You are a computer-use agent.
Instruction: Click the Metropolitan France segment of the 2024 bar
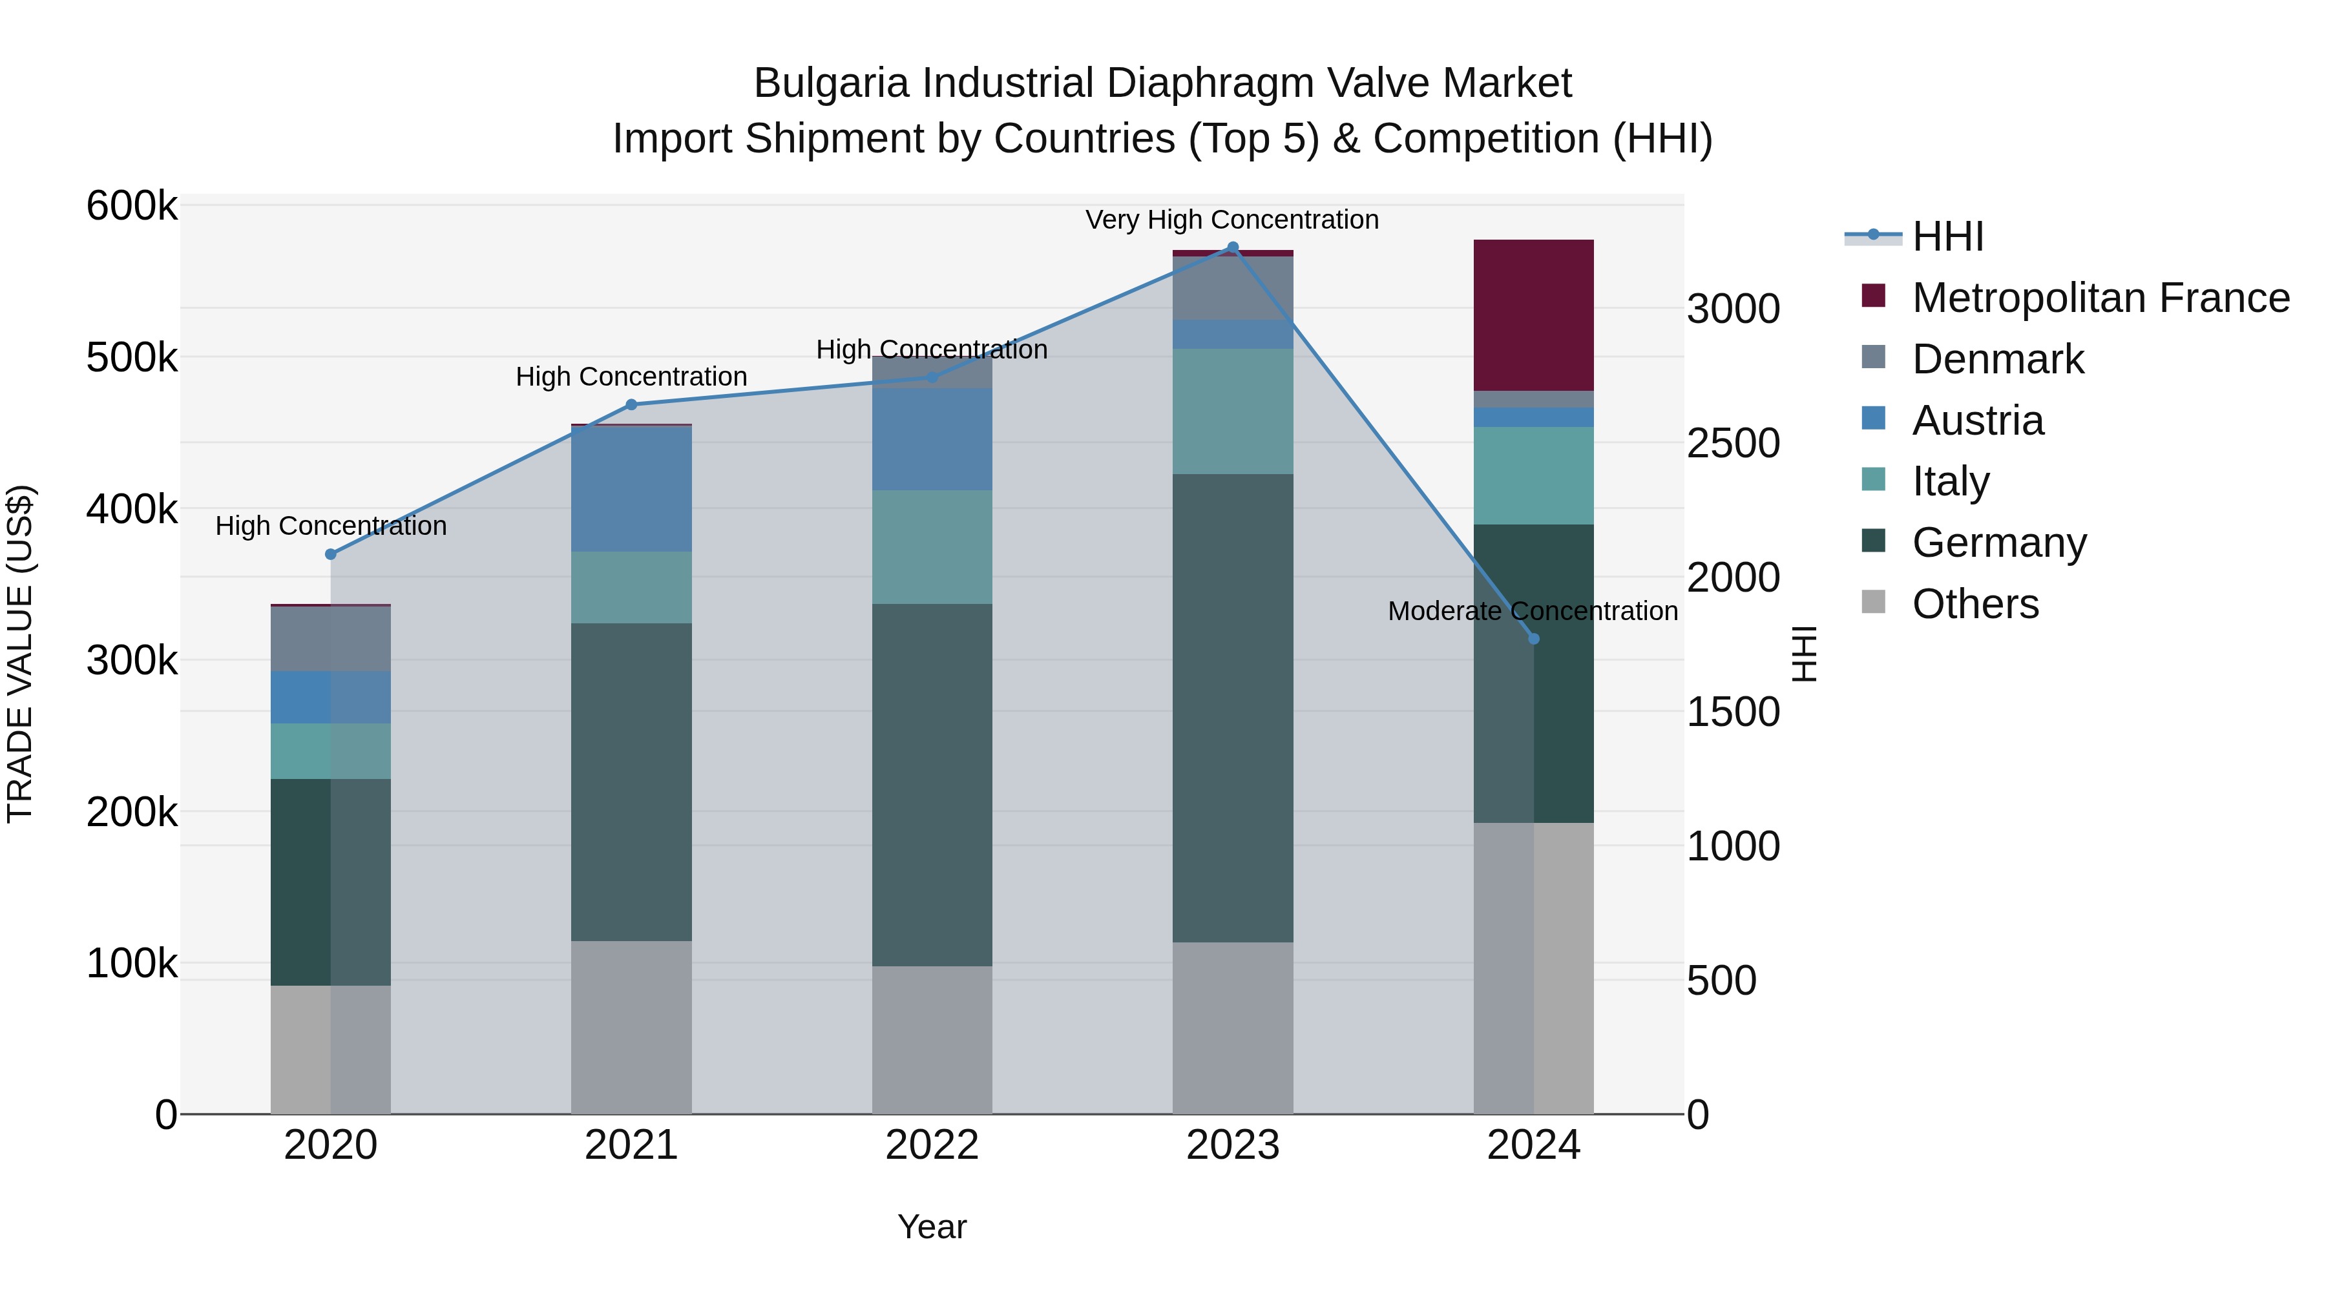pos(1533,315)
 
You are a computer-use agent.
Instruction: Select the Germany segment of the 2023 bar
pos(1233,708)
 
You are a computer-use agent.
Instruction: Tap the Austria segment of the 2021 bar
pos(631,488)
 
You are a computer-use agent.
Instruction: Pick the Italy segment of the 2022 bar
pos(932,547)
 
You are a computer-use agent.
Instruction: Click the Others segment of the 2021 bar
pos(631,1027)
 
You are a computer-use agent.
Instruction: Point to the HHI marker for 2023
pos(1233,247)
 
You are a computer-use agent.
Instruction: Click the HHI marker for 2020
pos(330,554)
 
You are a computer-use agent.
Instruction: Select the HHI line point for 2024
pos(1533,639)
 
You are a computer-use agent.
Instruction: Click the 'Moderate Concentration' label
pos(1533,611)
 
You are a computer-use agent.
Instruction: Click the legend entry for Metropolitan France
pos(2101,298)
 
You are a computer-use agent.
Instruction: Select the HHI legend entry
pos(1947,236)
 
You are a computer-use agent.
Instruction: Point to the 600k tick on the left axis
pos(132,206)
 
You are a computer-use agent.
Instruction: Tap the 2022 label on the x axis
pos(932,1145)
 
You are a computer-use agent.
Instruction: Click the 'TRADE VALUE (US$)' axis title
pos(20,654)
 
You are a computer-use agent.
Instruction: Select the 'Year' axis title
pos(932,1227)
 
